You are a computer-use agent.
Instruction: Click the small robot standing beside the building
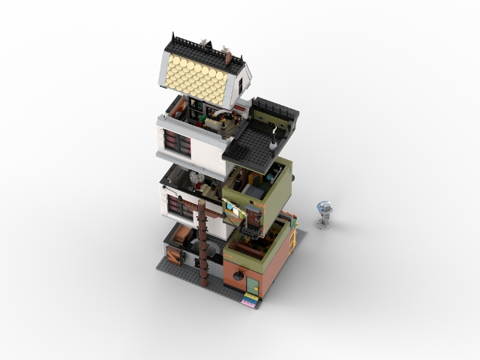click(324, 213)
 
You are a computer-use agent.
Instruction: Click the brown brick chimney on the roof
click(229, 57)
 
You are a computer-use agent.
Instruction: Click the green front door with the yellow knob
click(253, 286)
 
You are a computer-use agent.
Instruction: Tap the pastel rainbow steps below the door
click(250, 301)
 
